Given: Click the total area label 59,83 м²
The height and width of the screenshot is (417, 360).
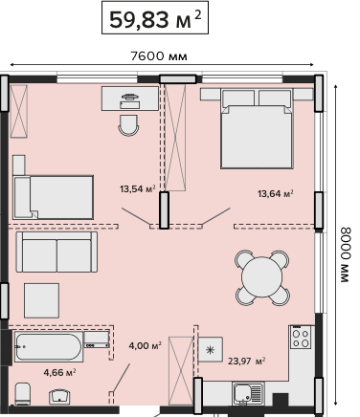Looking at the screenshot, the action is pos(155,19).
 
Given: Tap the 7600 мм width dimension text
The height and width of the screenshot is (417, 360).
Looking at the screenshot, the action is pos(159,56).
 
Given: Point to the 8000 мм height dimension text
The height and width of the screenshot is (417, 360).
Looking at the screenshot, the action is pos(346,254).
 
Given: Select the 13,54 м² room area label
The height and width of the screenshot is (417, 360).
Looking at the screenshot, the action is pos(138,188).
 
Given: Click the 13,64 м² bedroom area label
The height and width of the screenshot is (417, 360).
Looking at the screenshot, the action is pos(276,193).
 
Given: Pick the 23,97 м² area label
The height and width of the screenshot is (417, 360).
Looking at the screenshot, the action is pos(246,361).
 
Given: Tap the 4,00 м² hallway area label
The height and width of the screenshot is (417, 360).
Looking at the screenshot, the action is pos(145,345).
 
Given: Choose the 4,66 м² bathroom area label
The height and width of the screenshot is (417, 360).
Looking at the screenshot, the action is pos(59,372).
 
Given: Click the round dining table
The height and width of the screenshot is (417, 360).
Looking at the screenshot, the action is pos(262,277).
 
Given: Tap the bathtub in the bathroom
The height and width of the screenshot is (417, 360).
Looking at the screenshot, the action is pos(48,346).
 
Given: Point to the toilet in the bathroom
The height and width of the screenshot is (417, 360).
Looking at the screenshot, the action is pos(23,394).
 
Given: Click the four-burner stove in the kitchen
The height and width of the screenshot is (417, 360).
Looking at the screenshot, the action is pos(301,338).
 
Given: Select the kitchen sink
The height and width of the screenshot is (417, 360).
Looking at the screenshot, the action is pos(248,394).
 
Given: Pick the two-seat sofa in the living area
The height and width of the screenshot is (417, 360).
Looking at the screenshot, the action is pos(56,252).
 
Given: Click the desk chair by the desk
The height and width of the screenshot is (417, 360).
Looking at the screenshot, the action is pos(128,125).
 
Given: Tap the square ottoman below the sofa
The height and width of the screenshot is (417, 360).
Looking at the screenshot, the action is pos(41,300).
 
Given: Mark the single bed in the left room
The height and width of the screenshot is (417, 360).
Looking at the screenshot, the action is pos(53,197).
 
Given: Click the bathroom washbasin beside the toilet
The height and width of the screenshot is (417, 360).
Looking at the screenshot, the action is pos(59,397).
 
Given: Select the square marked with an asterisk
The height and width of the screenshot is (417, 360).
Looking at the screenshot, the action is pos(210,350).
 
